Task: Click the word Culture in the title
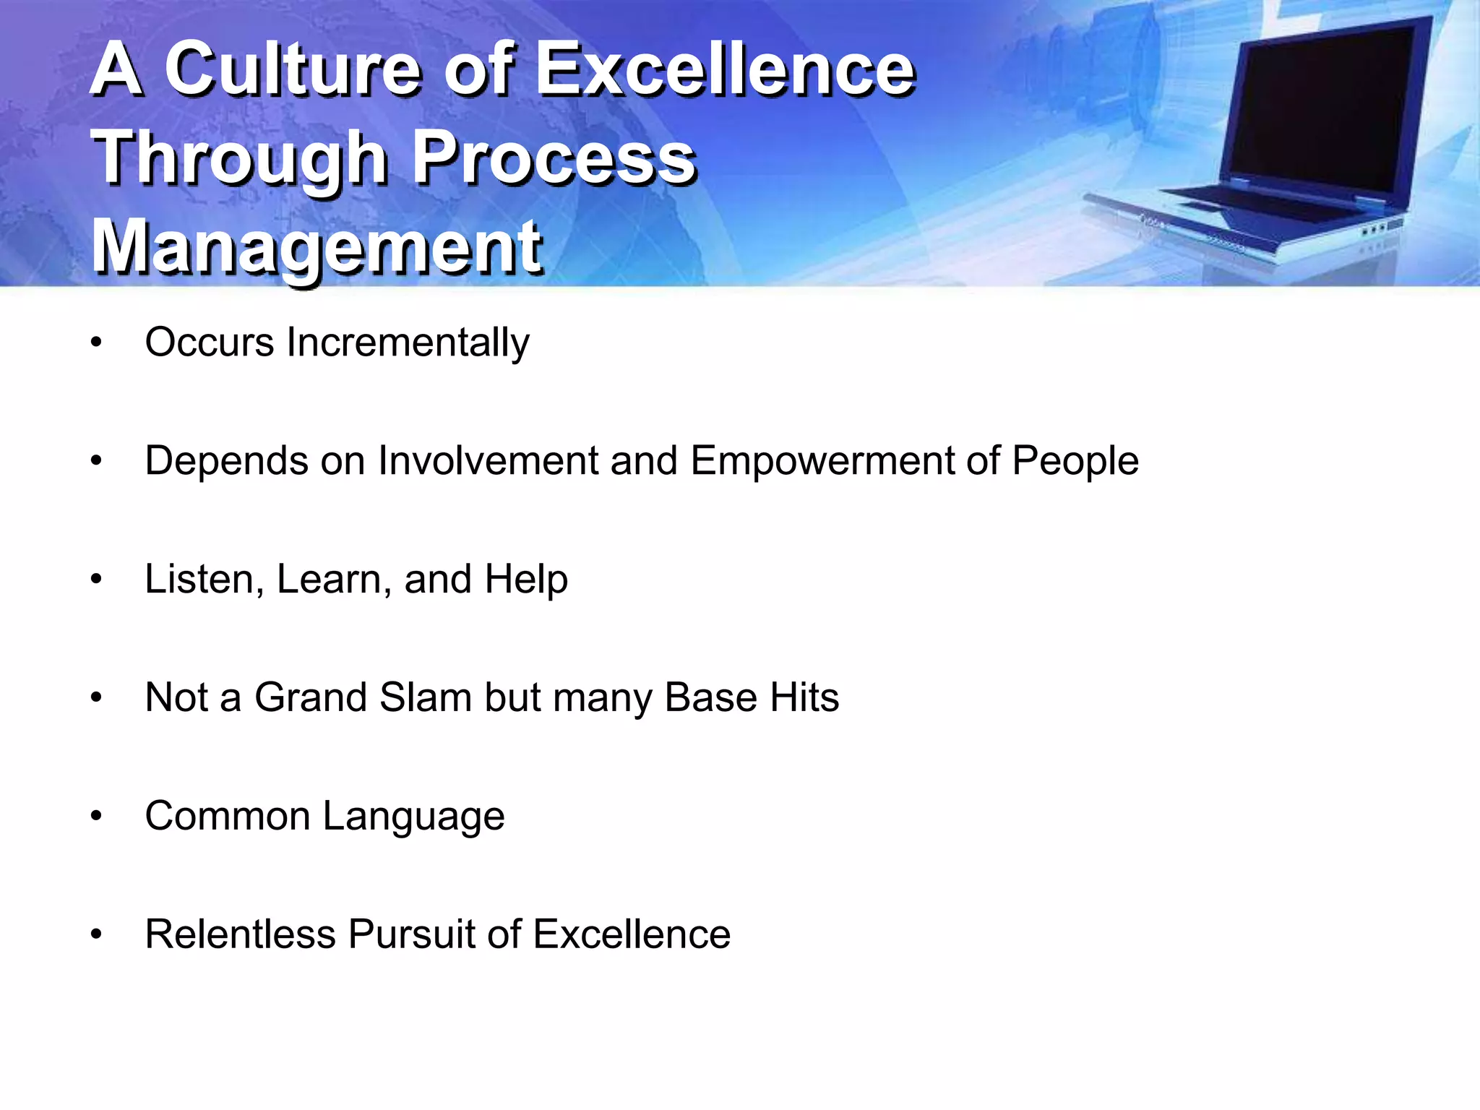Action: [293, 70]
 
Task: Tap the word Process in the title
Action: [554, 159]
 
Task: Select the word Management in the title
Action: [317, 247]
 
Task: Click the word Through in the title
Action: [239, 159]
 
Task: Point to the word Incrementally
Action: [408, 343]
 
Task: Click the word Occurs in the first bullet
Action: [209, 343]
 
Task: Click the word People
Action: [1075, 461]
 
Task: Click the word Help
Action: [526, 580]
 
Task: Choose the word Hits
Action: [804, 698]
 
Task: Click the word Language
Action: [413, 817]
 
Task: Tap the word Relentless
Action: [240, 934]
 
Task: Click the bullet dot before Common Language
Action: [96, 817]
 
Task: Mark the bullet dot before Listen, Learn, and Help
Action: [96, 580]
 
